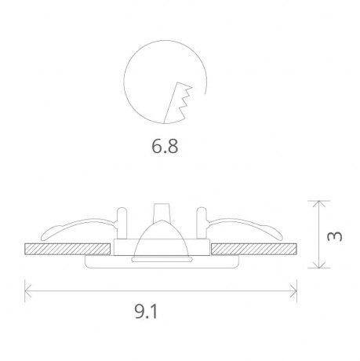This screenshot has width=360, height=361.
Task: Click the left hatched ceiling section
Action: pyautogui.click(x=64, y=249)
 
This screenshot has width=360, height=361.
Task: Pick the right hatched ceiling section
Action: pyautogui.click(x=254, y=249)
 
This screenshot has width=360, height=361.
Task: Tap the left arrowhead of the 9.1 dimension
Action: pyautogui.click(x=29, y=292)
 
